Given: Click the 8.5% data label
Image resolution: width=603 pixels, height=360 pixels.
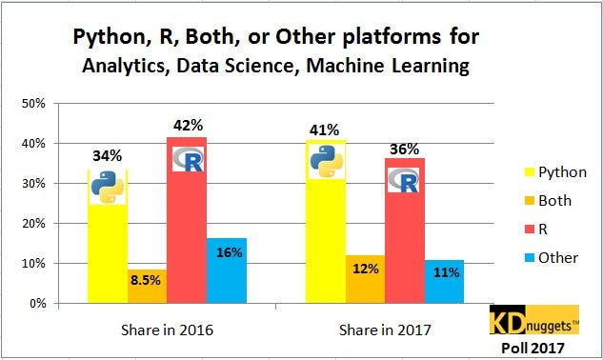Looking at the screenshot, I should (147, 282).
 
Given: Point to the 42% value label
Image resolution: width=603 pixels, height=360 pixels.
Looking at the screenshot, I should (187, 125).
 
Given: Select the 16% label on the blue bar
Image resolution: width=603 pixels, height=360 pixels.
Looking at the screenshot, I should (228, 252).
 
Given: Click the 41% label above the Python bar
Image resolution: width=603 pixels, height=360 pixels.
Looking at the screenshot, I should (326, 129).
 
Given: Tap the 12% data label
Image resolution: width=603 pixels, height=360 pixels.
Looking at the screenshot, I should (366, 269).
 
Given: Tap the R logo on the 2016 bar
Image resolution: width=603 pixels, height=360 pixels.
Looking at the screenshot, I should (188, 158).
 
